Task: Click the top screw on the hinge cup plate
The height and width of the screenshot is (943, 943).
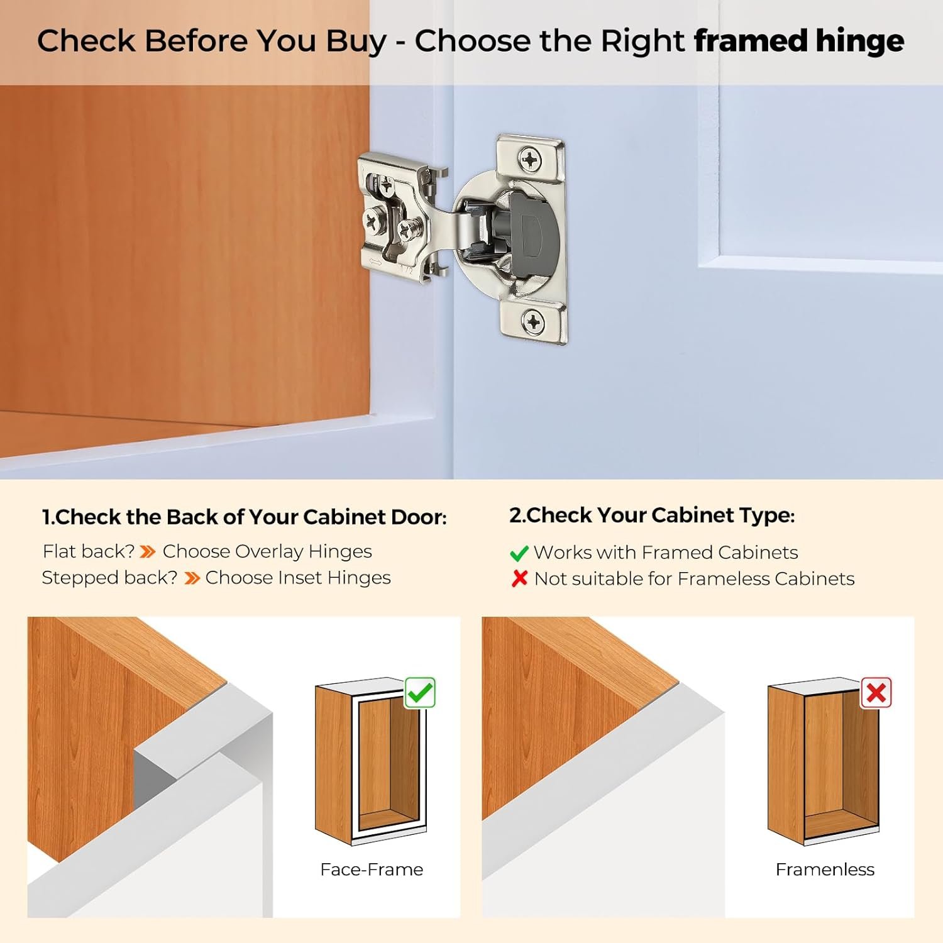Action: pyautogui.click(x=531, y=160)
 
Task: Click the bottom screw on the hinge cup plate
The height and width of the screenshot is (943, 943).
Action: pyautogui.click(x=533, y=323)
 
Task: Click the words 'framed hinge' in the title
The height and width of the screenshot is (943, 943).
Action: pyautogui.click(x=798, y=41)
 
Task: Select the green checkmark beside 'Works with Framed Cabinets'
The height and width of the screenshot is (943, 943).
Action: pyautogui.click(x=519, y=553)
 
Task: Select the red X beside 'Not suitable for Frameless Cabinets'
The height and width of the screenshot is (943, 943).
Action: pyautogui.click(x=519, y=578)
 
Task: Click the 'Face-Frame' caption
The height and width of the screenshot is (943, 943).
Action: pyautogui.click(x=372, y=869)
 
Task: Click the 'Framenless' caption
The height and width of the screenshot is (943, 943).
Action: pyautogui.click(x=825, y=869)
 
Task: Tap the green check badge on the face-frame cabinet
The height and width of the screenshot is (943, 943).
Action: pyautogui.click(x=420, y=693)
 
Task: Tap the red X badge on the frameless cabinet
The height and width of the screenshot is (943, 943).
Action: pyautogui.click(x=876, y=693)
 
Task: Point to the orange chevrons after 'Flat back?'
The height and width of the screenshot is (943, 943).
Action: pyautogui.click(x=148, y=552)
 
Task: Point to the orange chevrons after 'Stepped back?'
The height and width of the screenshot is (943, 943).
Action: pyautogui.click(x=192, y=578)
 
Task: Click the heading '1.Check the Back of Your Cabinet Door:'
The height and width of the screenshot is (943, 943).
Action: pyautogui.click(x=244, y=517)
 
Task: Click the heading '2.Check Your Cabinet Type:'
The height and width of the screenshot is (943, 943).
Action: pyautogui.click(x=652, y=516)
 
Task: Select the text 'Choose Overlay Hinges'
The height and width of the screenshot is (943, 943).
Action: pyautogui.click(x=267, y=551)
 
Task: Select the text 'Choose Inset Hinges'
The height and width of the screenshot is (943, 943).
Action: pyautogui.click(x=298, y=578)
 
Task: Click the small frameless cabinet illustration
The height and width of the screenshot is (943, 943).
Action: pyautogui.click(x=822, y=764)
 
